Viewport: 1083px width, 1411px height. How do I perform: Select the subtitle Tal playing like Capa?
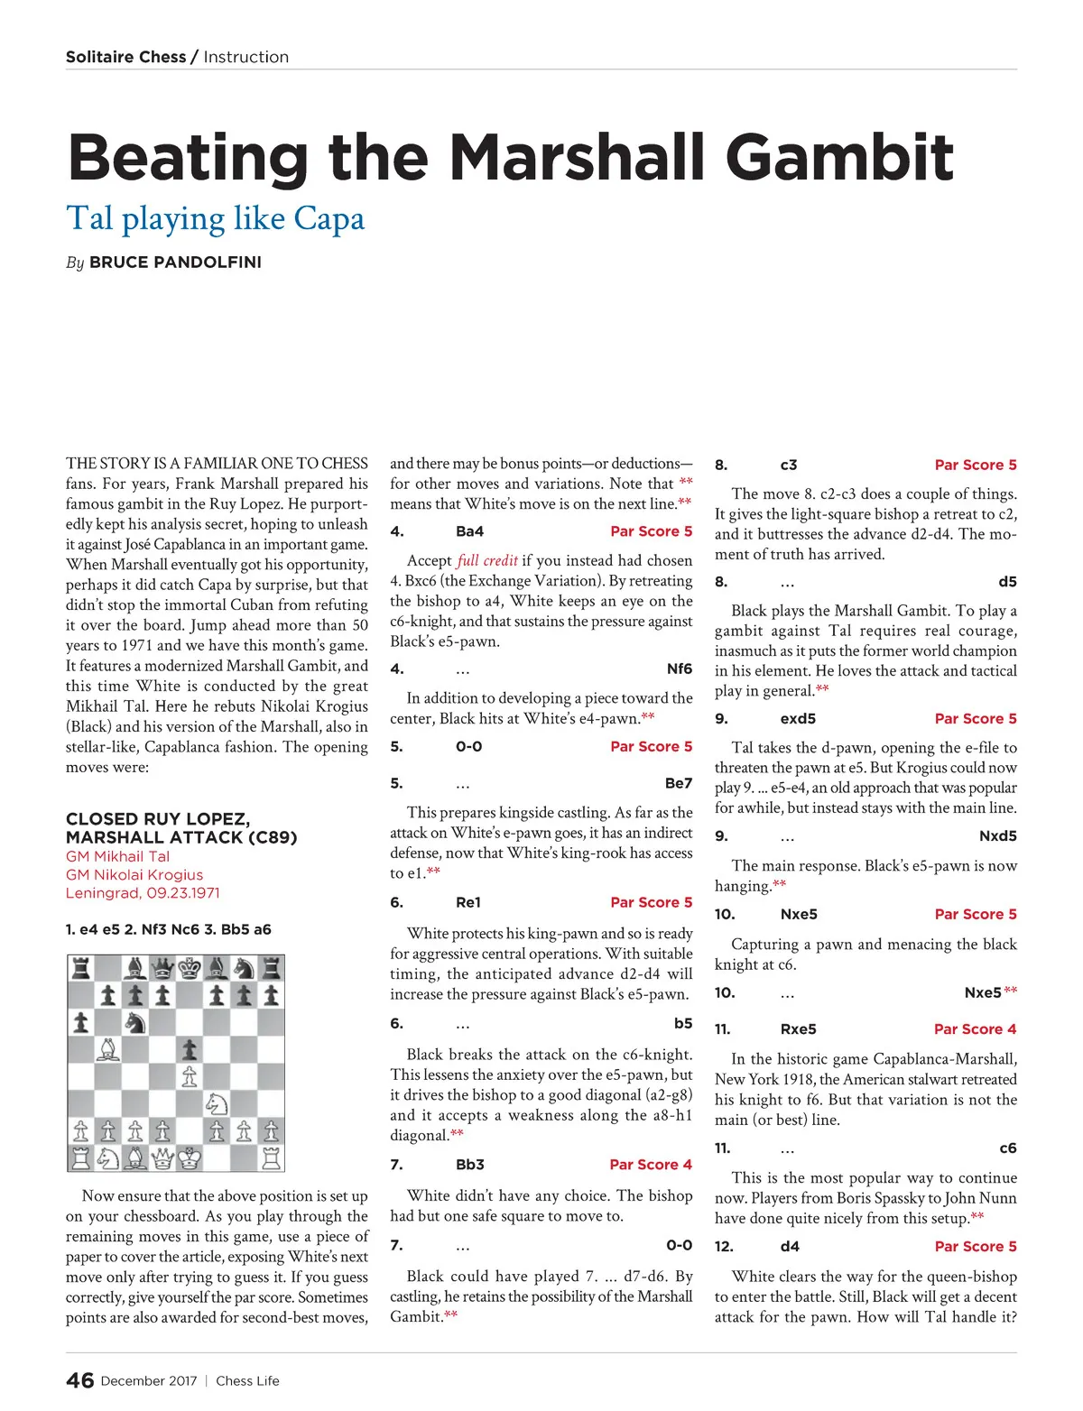[216, 219]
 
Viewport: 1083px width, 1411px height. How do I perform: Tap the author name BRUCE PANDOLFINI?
[175, 263]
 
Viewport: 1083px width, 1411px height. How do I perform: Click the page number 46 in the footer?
[79, 1380]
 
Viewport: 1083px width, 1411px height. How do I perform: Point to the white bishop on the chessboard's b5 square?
[108, 1049]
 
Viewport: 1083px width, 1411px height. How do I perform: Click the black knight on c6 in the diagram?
[135, 1022]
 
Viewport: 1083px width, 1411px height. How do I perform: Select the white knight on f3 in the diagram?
[217, 1102]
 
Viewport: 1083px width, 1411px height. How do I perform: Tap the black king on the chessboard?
[190, 969]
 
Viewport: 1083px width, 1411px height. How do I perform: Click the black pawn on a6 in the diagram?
[81, 1022]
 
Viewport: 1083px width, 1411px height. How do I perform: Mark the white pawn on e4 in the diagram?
[190, 1075]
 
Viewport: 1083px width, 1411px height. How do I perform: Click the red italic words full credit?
[487, 560]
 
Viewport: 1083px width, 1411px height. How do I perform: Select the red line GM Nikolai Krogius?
[134, 875]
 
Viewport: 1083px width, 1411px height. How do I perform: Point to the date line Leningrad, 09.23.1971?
[143, 893]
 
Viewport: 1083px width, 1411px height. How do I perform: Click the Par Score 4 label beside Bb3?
[651, 1165]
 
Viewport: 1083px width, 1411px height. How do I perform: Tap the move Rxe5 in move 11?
[798, 1029]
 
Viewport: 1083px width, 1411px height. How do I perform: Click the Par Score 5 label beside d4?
[976, 1247]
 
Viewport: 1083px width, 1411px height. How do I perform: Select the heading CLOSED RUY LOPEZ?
[158, 819]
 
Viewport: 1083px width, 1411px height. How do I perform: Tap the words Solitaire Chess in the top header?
[126, 57]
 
